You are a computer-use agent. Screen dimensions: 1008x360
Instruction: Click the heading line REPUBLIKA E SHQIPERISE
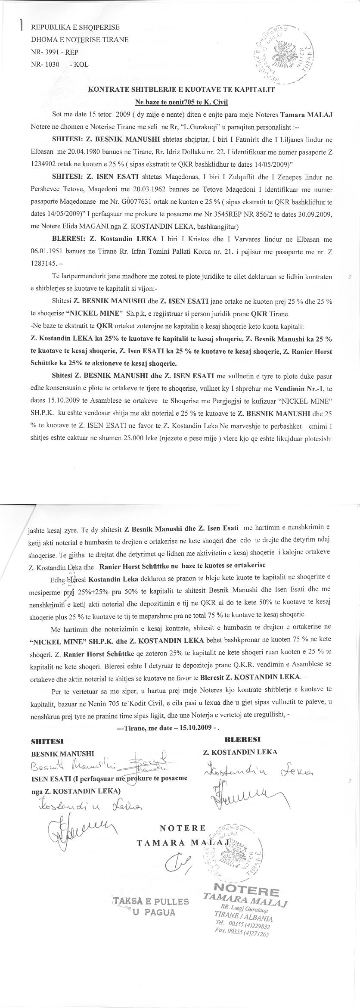click(x=75, y=27)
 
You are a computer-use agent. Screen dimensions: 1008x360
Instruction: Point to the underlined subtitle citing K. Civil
click(x=181, y=102)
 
